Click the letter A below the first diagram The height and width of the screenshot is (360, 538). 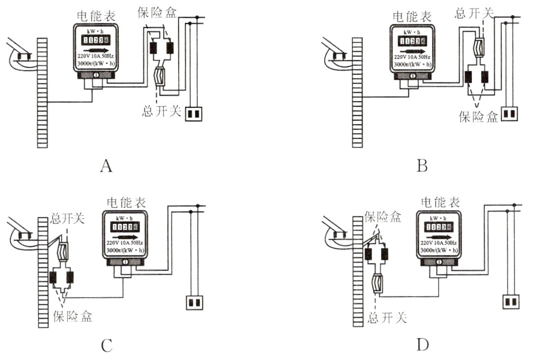[x=106, y=166]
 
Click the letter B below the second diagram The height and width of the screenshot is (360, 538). [x=423, y=166]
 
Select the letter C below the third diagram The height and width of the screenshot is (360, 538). [x=106, y=346]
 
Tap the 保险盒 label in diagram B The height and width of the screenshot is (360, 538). [x=478, y=116]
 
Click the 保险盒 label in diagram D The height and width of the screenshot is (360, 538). [x=383, y=218]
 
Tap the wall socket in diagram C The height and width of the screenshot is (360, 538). [x=194, y=302]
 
